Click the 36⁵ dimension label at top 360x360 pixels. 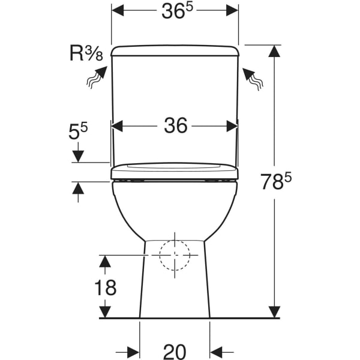coord(177,11)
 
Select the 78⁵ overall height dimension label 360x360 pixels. coord(277,181)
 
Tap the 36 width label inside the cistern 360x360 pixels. coord(176,125)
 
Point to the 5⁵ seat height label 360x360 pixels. coord(78,131)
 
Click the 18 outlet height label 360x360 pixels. coord(106,287)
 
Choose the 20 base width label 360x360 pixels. coord(175,352)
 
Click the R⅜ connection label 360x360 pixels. coord(86,54)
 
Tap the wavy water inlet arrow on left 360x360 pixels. coord(97,77)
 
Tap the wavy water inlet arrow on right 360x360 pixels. coord(253,79)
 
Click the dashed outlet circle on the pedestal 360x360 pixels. coord(175,255)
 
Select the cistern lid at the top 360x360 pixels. coord(175,50)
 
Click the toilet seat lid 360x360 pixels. coord(175,171)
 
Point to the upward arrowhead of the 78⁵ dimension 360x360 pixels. coord(274,51)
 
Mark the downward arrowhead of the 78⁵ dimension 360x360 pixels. coord(274,312)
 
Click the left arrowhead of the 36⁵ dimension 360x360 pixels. coord(118,10)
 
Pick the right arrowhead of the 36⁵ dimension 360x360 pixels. coord(232,10)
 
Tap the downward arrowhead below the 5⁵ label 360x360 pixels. coord(78,157)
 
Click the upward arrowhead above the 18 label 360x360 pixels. coord(105,261)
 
